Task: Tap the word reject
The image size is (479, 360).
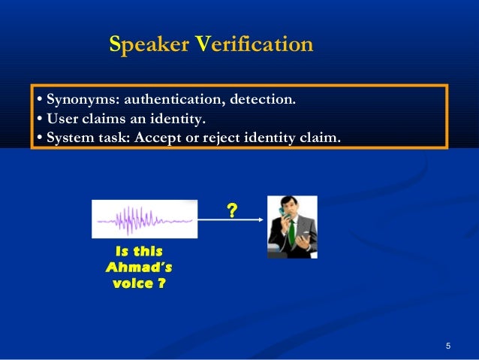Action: (215, 138)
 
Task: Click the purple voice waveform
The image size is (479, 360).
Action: (143, 220)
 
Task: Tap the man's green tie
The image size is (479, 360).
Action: (291, 232)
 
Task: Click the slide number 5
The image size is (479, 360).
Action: (447, 346)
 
